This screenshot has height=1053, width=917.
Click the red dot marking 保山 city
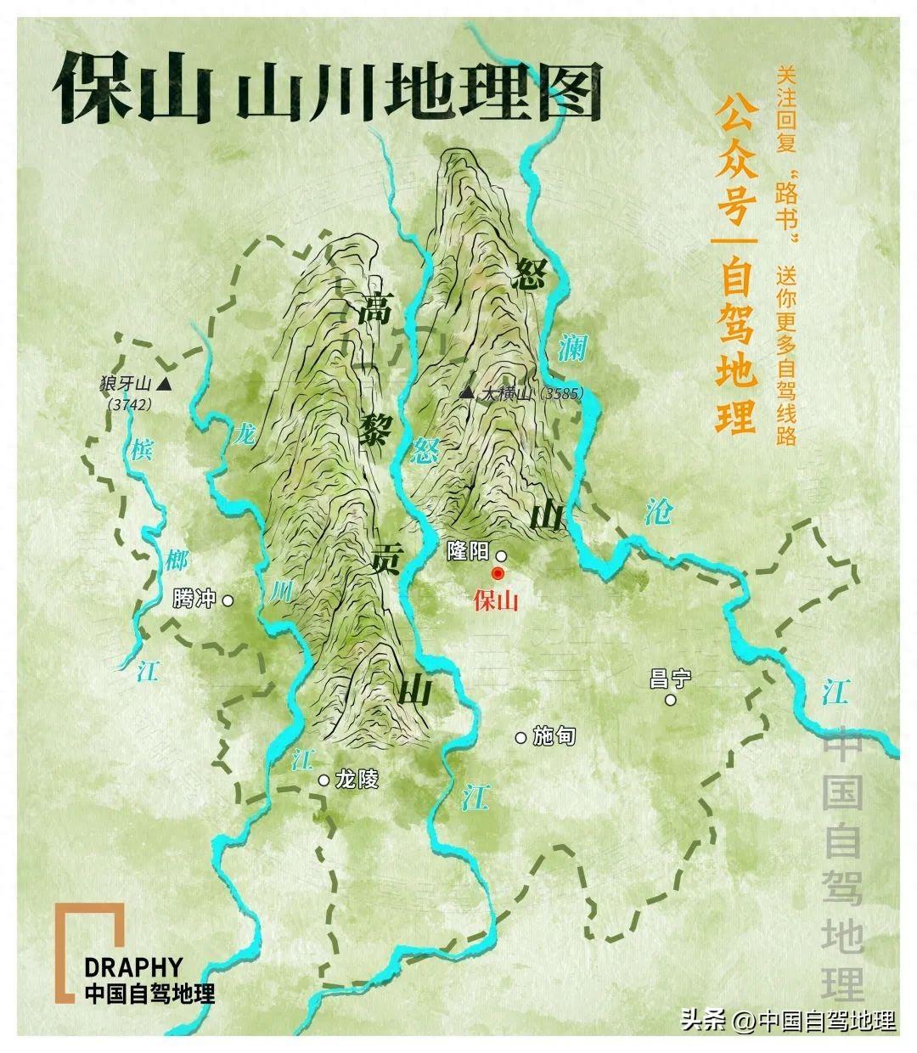click(498, 573)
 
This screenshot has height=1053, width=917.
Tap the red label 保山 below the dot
click(496, 600)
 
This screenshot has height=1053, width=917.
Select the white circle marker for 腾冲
click(228, 600)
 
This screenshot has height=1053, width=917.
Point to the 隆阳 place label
click(467, 551)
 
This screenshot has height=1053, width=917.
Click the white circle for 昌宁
click(671, 700)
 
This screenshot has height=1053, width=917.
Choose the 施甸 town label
click(555, 735)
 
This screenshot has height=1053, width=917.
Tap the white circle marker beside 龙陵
click(323, 780)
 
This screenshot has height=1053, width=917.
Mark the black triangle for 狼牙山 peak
click(164, 386)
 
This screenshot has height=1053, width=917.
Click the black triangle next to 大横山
click(466, 392)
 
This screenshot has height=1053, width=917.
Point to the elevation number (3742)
click(130, 405)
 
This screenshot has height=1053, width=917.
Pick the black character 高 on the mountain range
click(374, 310)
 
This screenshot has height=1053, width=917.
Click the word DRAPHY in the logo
click(133, 967)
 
